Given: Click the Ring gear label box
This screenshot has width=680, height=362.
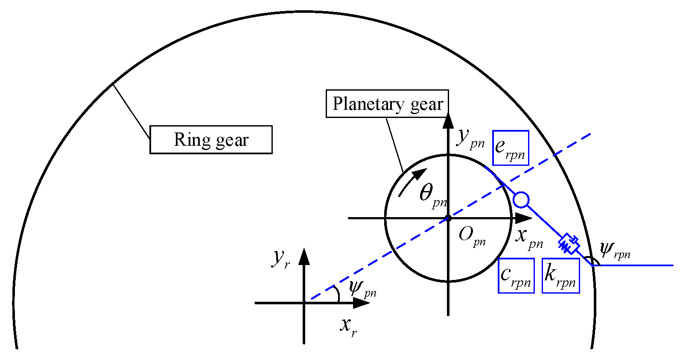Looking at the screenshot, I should coord(211,140).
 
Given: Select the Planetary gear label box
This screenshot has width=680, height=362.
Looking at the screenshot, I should coord(387,104).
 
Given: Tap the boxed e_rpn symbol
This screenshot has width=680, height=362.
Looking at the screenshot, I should coord(511,148).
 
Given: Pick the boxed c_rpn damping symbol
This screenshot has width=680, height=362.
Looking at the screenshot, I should coord(516,276).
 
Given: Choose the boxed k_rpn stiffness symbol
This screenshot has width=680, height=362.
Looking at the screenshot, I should coord(560,276).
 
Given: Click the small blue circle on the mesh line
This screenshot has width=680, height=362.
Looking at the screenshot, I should coord(521,200).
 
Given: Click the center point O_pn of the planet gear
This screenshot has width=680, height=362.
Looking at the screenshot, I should coord(448,218).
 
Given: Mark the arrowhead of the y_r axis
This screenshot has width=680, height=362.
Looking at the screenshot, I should coord(304,255).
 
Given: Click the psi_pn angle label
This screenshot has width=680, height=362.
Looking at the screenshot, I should coord(362,289).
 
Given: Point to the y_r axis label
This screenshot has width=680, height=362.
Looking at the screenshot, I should coord(281,258).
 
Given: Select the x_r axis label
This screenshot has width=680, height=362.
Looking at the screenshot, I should coord(348,326).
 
